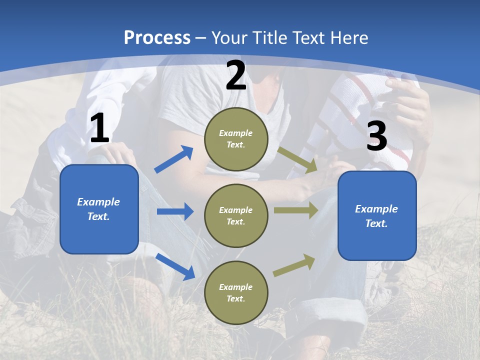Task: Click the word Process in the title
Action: (157, 38)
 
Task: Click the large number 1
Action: (100, 127)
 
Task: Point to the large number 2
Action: (236, 75)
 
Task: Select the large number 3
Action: (377, 135)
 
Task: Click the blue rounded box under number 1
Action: (99, 209)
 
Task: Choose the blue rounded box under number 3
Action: (377, 216)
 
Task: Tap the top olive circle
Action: (236, 139)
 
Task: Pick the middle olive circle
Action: (236, 216)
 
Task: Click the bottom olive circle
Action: (236, 292)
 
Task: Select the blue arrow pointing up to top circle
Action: (173, 159)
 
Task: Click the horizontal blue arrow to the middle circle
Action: (175, 211)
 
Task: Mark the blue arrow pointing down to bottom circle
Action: (175, 267)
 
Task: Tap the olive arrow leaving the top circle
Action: (297, 160)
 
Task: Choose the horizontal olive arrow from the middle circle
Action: (296, 210)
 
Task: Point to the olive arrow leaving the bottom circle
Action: (294, 265)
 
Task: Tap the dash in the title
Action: (201, 39)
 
